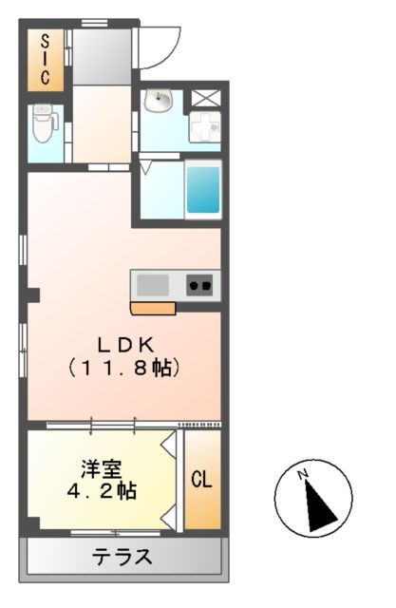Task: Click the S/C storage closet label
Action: (x=45, y=61)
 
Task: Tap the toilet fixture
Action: (x=44, y=123)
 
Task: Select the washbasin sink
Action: (x=158, y=101)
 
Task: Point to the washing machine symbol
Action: (x=205, y=126)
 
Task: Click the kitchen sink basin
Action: (x=153, y=284)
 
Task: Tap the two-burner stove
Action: (x=199, y=284)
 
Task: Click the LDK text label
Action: (x=123, y=345)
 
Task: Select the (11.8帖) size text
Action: (x=123, y=368)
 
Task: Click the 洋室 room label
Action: (x=100, y=469)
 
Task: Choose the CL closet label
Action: (x=202, y=480)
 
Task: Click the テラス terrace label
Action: (x=122, y=557)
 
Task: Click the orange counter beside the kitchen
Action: (x=153, y=308)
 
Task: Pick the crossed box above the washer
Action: (x=204, y=98)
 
